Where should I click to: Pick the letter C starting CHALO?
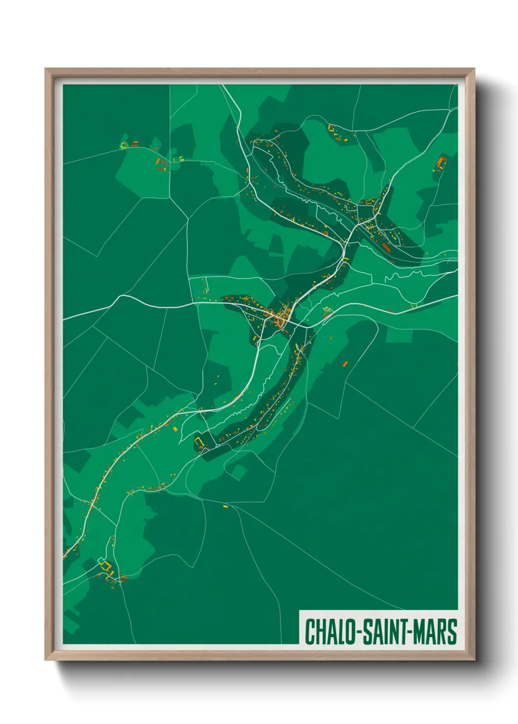(x=310, y=632)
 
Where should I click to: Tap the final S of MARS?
(x=452, y=632)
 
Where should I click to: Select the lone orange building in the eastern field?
(x=345, y=363)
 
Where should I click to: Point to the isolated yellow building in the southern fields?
(x=226, y=506)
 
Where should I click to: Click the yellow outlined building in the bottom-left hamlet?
(x=104, y=566)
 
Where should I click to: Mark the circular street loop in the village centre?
(x=281, y=321)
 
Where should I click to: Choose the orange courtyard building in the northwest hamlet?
(x=162, y=164)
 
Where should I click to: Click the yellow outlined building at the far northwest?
(x=124, y=144)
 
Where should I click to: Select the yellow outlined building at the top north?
(x=331, y=128)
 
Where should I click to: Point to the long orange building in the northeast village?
(x=386, y=248)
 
